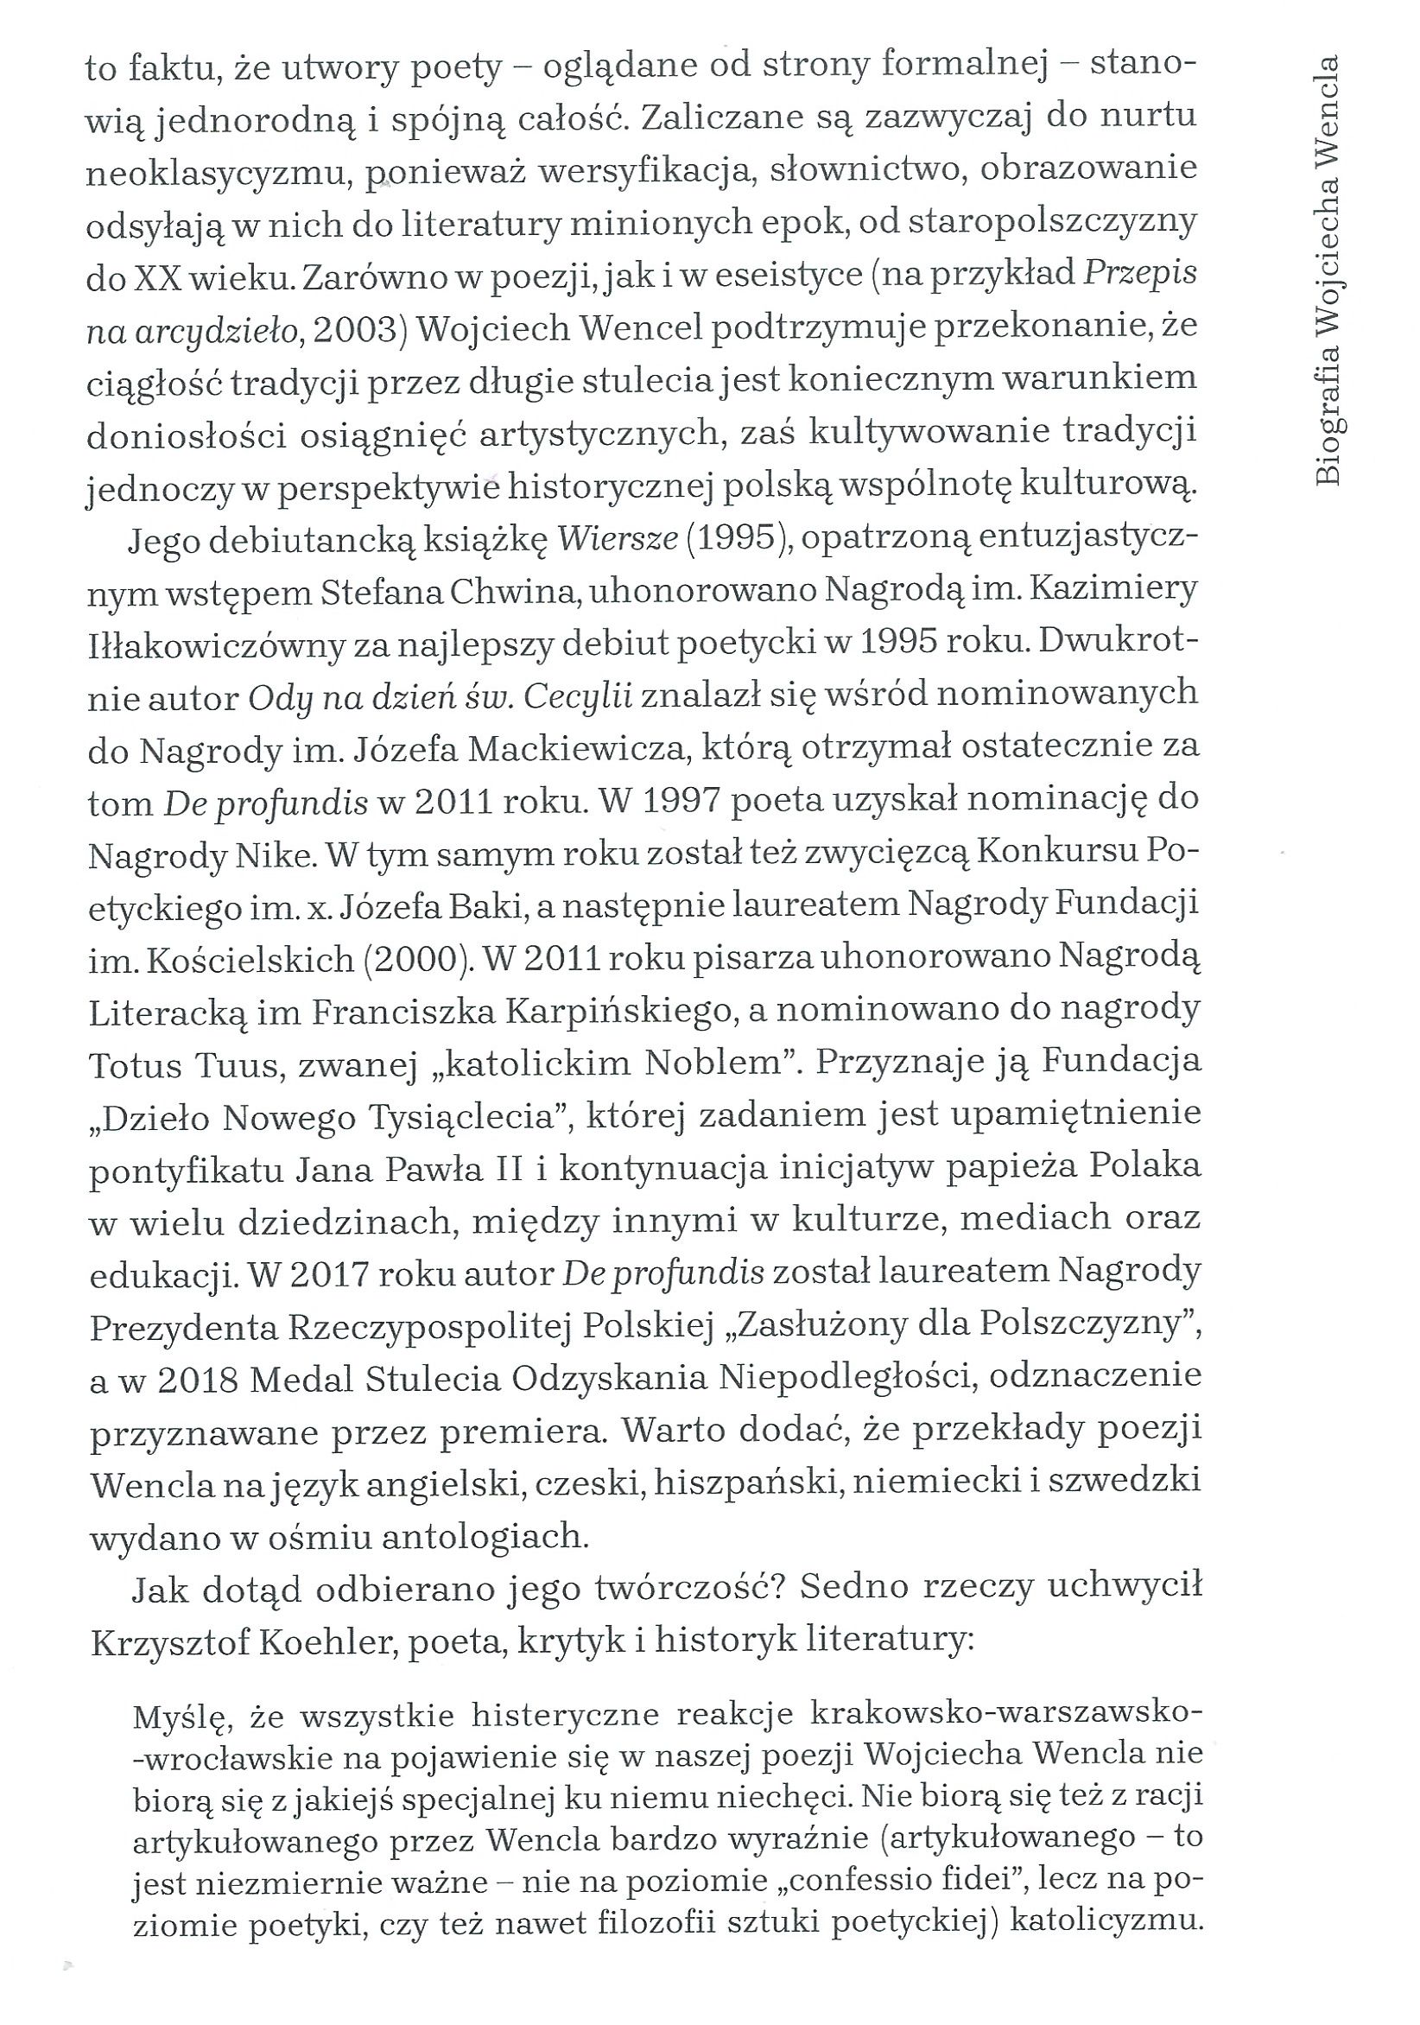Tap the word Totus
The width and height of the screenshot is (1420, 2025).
coord(134,1065)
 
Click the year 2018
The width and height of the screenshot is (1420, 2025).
coord(199,1381)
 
